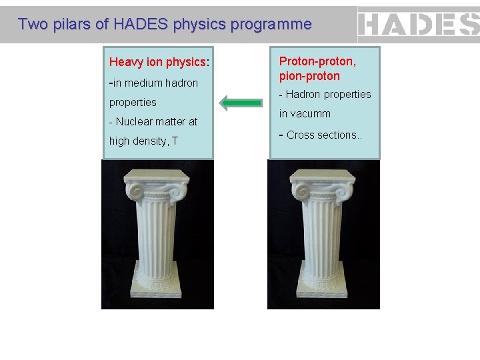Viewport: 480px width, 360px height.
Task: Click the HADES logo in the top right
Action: [x=419, y=25]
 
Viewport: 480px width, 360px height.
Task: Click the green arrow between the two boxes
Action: [x=241, y=103]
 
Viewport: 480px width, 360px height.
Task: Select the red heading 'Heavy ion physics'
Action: [x=158, y=62]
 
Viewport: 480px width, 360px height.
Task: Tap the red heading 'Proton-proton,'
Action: [x=317, y=61]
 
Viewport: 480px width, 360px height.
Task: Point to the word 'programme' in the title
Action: [x=278, y=25]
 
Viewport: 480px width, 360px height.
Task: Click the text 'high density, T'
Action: [x=143, y=141]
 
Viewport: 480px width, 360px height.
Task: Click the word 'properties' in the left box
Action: [x=133, y=102]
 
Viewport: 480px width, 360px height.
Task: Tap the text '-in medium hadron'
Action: [x=153, y=83]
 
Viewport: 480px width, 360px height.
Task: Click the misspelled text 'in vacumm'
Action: [x=305, y=113]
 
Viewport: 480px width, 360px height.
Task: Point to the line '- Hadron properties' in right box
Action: [x=325, y=94]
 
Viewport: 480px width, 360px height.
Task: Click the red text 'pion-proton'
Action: [x=309, y=76]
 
